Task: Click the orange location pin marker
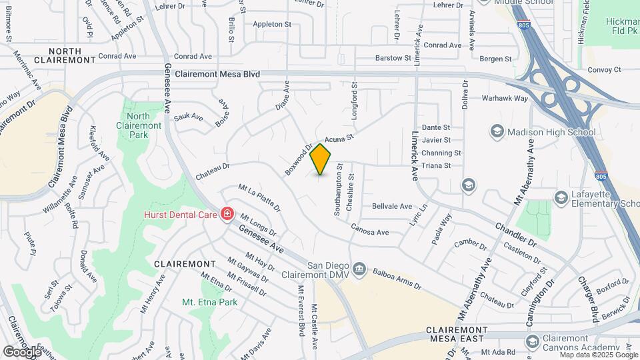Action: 321,159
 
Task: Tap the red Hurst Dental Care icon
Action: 227,214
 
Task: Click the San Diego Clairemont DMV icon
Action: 359,269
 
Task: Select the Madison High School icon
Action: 497,132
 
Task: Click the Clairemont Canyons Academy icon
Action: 532,341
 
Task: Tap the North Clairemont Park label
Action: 139,125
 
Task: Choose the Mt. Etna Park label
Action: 210,302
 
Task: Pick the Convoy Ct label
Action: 604,69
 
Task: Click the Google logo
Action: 22,351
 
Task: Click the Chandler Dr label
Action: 515,235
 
